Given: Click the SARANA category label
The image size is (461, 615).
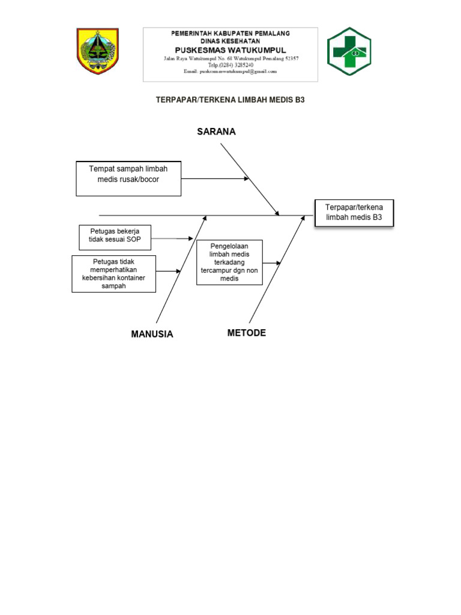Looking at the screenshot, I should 216,132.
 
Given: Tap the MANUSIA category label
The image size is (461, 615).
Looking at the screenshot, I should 152,335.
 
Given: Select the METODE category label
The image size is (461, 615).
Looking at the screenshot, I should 246,333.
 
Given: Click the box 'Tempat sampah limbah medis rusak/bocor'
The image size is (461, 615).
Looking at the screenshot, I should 128,178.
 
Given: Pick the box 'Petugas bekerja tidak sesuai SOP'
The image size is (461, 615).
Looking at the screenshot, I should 115,238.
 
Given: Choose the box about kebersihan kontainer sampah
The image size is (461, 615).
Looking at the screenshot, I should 114,274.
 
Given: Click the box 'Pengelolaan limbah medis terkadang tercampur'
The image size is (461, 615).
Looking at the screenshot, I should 229,262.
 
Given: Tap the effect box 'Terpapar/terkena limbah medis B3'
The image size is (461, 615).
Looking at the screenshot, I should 354,212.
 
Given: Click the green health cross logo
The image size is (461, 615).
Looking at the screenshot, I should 348,51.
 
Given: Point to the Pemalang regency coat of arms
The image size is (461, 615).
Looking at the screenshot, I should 98,50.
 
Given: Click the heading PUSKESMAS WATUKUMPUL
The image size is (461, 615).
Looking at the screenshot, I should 230,49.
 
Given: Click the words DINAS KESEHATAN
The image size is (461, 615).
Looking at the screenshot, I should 230,40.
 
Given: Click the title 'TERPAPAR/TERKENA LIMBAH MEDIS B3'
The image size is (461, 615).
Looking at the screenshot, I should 230,100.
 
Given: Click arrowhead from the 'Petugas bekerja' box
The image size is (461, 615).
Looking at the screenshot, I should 190,239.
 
